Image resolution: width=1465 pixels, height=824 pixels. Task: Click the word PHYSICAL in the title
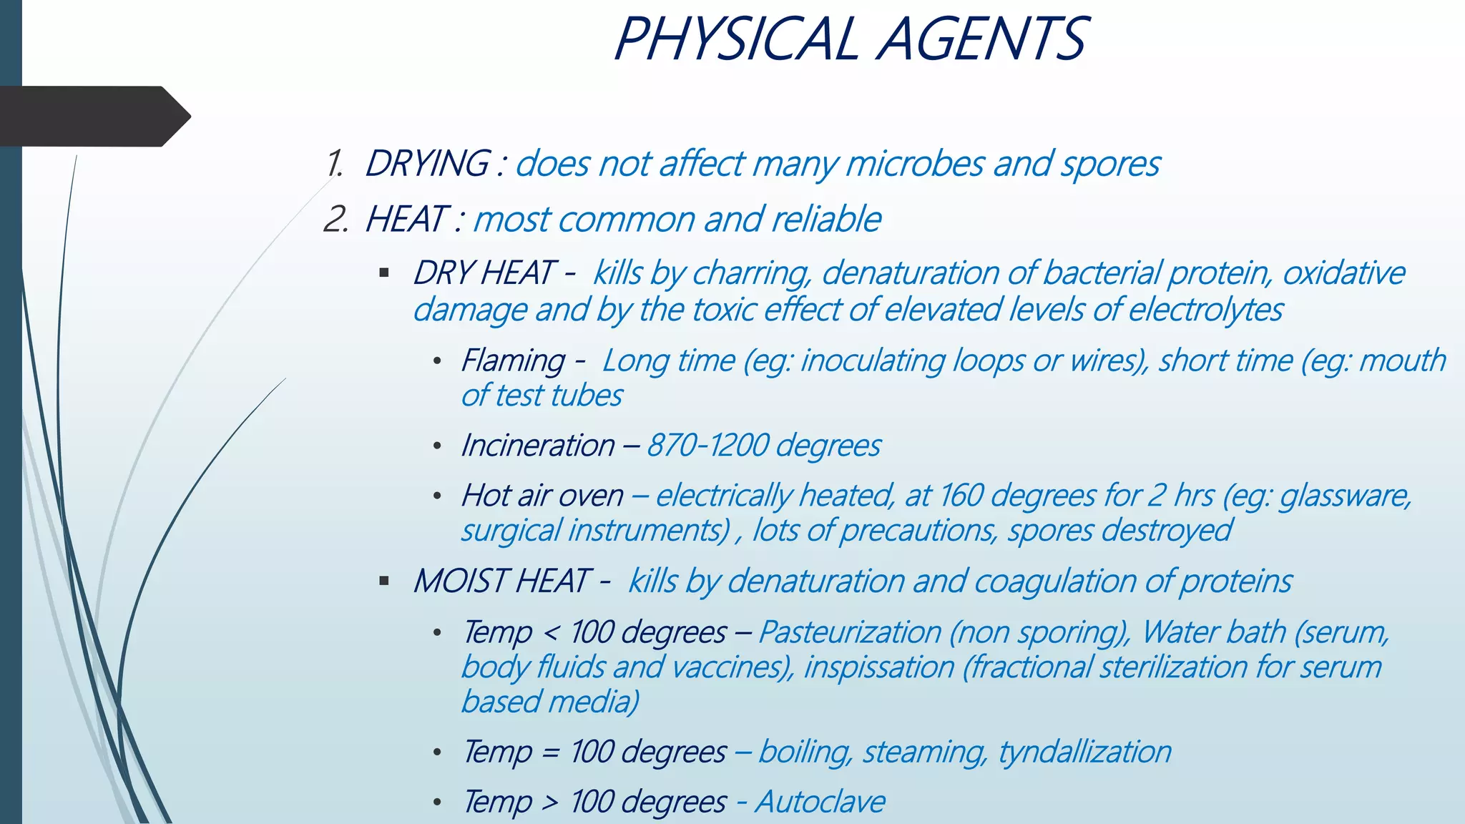click(737, 39)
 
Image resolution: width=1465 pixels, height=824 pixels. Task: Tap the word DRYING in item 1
click(428, 164)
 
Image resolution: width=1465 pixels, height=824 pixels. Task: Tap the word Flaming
click(513, 360)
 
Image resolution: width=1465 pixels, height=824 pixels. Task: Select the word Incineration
click(538, 446)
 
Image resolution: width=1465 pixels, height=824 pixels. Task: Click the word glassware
click(1345, 496)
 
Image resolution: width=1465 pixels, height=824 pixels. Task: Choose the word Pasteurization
click(850, 632)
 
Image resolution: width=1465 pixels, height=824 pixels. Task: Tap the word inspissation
click(879, 667)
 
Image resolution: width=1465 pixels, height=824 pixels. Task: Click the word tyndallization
click(1084, 752)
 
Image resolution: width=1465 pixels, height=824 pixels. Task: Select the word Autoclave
click(820, 802)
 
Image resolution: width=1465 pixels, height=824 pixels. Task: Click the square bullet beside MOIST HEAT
click(384, 581)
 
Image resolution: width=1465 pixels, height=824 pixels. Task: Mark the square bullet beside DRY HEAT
click(384, 273)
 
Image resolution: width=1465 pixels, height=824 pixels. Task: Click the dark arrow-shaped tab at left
click(93, 117)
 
